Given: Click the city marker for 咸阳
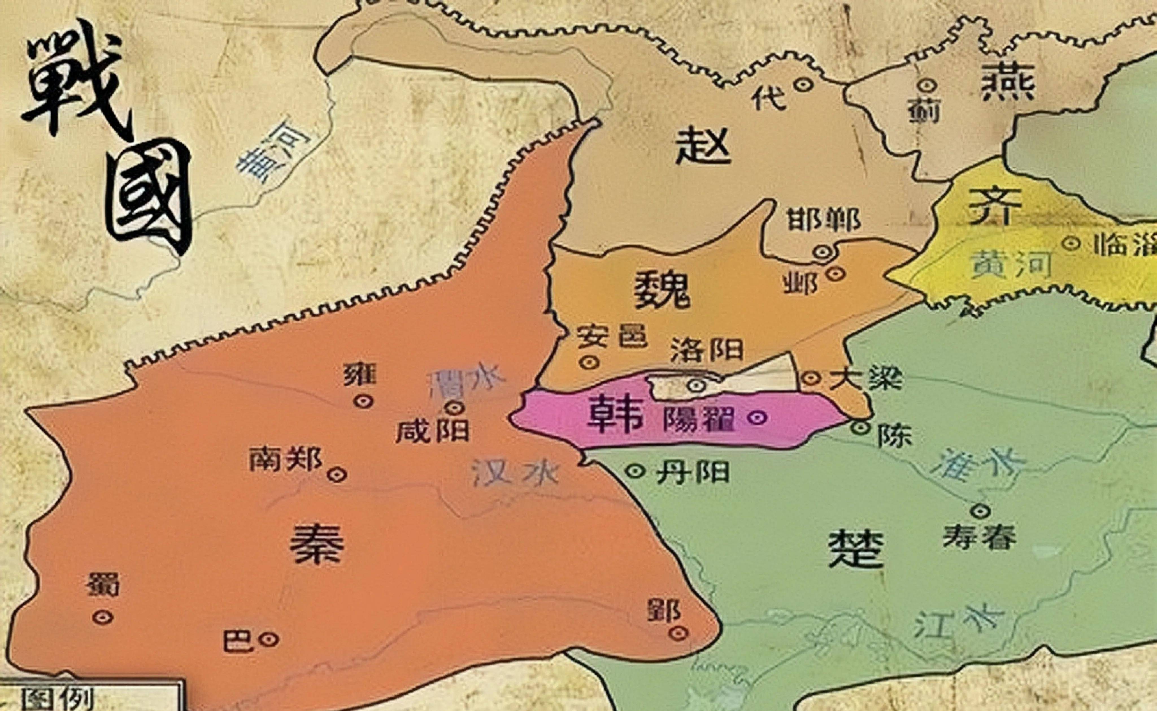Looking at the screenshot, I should tap(455, 407).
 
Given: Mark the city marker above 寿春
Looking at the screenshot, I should tap(981, 510).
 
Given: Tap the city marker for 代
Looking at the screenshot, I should tap(803, 84).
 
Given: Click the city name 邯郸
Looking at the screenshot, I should tap(823, 220).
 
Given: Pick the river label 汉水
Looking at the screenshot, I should tap(514, 473).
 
